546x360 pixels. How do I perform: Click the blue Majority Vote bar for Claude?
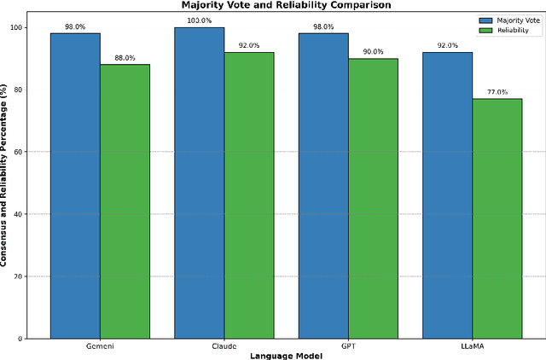click(x=200, y=183)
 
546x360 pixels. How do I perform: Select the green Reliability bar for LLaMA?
click(x=497, y=218)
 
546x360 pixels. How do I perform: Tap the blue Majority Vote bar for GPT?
click(x=323, y=186)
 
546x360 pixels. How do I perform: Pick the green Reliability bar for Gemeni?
click(x=125, y=201)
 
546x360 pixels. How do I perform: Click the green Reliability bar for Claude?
click(x=249, y=195)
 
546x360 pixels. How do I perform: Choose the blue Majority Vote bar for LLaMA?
click(x=448, y=195)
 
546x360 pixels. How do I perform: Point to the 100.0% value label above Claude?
click(x=200, y=20)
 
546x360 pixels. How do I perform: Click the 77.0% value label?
click(x=497, y=92)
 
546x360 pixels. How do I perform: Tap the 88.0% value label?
click(x=125, y=58)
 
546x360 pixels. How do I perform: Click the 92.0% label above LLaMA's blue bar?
click(x=448, y=45)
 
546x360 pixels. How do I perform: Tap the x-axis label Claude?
click(x=224, y=347)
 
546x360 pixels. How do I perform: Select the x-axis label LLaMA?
click(x=473, y=347)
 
